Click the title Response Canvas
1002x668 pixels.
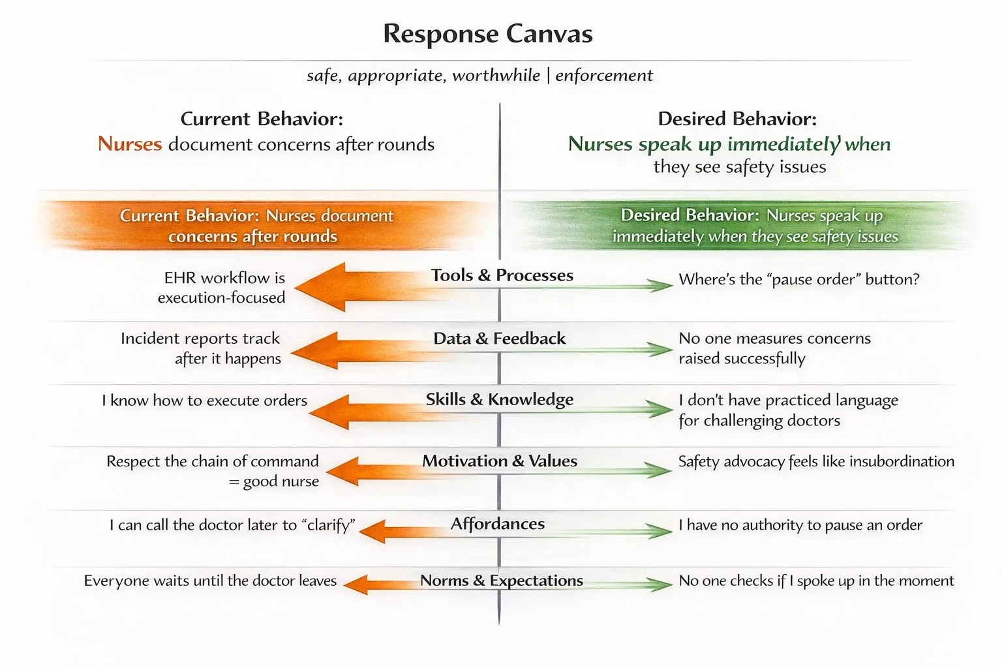point(487,34)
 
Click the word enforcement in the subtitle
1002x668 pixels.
point(603,76)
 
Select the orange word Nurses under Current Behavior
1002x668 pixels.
point(130,144)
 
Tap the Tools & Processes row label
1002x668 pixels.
point(502,275)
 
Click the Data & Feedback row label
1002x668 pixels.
point(500,339)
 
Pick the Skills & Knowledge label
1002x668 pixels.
point(500,399)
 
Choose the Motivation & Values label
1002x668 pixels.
point(500,461)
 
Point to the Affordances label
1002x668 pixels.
point(498,524)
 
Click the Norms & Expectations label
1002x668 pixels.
point(501,581)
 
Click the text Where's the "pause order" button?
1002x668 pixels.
point(799,280)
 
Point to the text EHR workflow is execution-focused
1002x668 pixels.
point(222,288)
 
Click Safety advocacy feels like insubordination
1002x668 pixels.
point(816,462)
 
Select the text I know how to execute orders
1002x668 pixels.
point(204,401)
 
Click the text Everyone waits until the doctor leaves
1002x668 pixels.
point(210,581)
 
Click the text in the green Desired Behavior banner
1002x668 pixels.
point(754,226)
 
